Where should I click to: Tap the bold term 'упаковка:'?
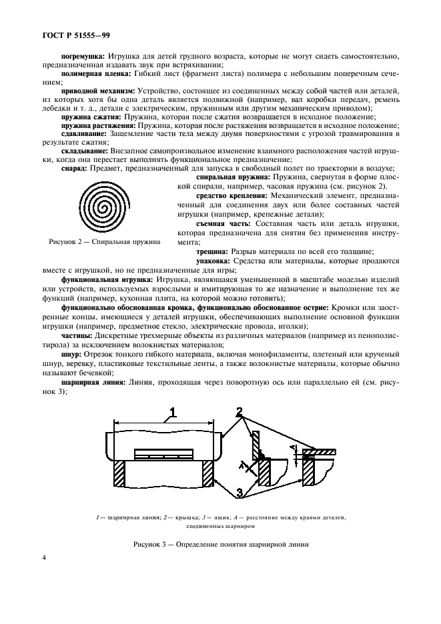(218, 263)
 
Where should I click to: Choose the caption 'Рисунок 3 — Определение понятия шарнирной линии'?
(220, 544)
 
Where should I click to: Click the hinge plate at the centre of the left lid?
(162, 453)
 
